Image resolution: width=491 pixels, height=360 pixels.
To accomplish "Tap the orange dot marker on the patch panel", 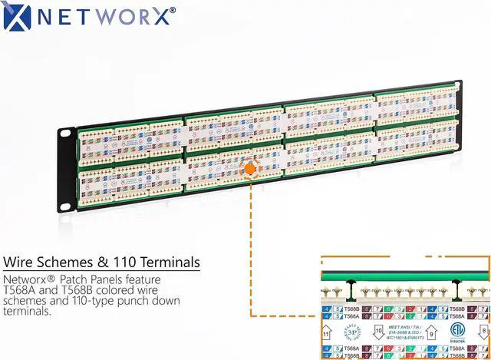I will tap(250, 167).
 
